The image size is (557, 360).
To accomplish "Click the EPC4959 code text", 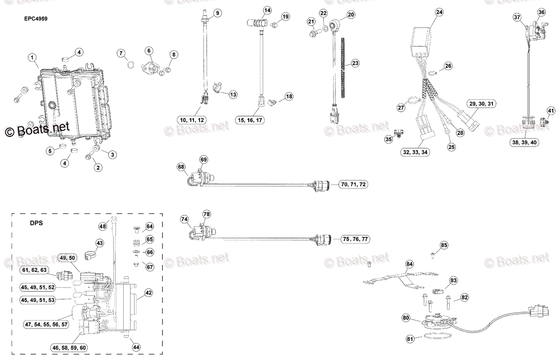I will (x=36, y=19).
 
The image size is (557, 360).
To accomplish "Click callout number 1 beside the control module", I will (x=32, y=58).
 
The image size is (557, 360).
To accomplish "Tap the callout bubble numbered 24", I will (x=440, y=13).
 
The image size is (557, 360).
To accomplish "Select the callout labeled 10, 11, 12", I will (x=192, y=120).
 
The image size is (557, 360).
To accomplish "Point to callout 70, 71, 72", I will (x=353, y=184).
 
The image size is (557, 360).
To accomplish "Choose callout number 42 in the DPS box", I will (x=148, y=293).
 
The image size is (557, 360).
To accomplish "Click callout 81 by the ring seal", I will (x=410, y=339).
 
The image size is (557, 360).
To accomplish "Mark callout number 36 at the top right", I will (x=542, y=12).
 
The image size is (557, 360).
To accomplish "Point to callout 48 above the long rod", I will (x=103, y=226).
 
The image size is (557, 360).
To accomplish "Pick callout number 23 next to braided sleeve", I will (x=355, y=63).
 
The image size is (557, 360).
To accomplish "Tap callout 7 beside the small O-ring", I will (x=121, y=54).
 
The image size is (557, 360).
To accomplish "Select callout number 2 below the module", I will (x=98, y=167).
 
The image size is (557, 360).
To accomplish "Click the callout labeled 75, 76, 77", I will (x=355, y=239).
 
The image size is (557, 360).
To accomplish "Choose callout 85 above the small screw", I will (x=444, y=245).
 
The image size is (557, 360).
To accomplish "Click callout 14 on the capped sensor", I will (x=267, y=10).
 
